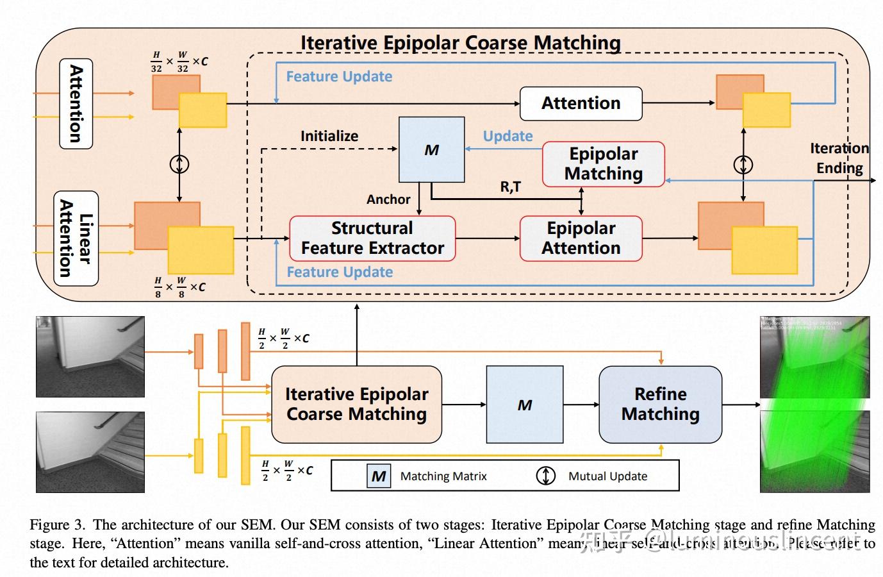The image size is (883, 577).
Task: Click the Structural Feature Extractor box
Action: point(372,238)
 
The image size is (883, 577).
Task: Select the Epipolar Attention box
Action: point(581,238)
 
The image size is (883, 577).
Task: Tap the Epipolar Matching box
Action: point(603,164)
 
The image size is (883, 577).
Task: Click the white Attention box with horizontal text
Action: point(581,103)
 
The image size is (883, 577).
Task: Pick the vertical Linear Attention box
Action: point(76,238)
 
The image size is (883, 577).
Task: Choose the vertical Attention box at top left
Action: point(76,104)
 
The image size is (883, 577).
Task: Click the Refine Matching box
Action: point(660,404)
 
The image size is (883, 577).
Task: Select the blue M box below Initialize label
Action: point(431,150)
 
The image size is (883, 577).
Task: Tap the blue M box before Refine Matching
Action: point(524,405)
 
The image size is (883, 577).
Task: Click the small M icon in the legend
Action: point(379,476)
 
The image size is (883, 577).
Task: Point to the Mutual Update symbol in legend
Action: point(545,476)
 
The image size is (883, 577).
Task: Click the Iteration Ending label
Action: point(839,158)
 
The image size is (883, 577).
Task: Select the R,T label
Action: point(510,187)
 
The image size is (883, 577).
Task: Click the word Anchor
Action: point(388,199)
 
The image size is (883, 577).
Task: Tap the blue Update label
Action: point(508,136)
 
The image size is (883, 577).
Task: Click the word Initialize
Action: point(329,136)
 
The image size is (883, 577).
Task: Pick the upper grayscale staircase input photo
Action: point(90,356)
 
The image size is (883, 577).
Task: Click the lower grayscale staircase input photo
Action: point(90,452)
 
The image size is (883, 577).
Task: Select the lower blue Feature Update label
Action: point(340,272)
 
